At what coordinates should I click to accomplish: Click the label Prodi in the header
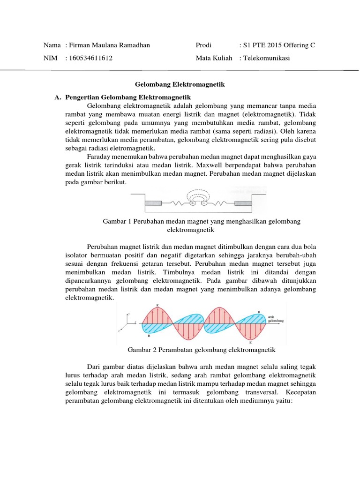pos(204,45)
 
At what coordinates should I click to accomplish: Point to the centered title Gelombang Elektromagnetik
pos(180,85)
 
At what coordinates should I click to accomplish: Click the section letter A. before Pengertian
pos(58,97)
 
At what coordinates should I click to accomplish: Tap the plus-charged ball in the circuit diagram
pos(192,203)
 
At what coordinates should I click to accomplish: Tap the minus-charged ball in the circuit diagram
pos(204,203)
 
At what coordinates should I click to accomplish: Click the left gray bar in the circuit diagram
pos(153,203)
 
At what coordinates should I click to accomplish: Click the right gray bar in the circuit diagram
pos(243,203)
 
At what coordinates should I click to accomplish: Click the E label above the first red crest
pos(157,306)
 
